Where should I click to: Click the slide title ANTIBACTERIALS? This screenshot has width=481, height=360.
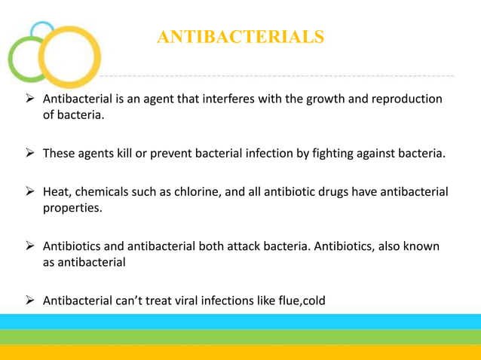click(240, 36)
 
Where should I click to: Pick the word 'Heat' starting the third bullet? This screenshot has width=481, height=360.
click(57, 192)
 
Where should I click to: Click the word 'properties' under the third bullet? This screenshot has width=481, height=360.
click(71, 208)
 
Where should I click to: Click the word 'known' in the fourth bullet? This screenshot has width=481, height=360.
click(421, 246)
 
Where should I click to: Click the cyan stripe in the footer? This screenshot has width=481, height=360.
click(240, 322)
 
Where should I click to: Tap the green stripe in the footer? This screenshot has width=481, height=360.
click(240, 337)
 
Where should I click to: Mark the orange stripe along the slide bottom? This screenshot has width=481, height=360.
click(240, 352)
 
